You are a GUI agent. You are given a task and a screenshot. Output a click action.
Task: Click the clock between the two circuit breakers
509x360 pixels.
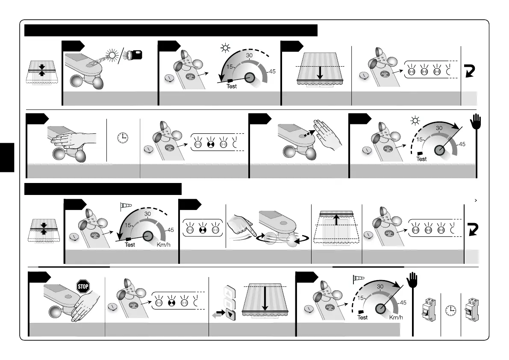(x=450, y=311)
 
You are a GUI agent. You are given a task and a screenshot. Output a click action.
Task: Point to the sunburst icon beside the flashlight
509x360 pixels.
(x=114, y=56)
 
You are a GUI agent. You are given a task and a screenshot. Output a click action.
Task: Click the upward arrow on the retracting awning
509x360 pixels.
(x=337, y=220)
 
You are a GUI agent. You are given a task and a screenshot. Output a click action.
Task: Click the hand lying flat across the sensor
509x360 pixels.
(x=73, y=138)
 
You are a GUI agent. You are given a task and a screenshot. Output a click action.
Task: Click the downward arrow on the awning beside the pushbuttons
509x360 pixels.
(x=265, y=300)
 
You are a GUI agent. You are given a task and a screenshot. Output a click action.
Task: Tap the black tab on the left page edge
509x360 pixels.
(x=7, y=157)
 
